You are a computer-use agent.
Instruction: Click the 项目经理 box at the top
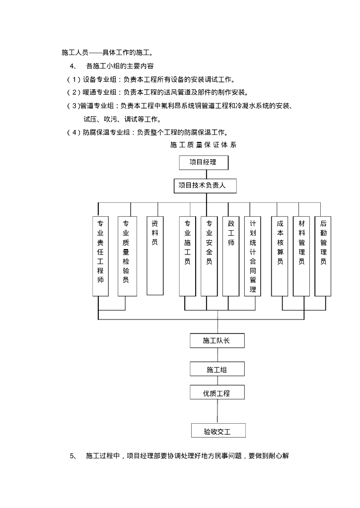(203, 162)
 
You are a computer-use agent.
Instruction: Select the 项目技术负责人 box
(205, 186)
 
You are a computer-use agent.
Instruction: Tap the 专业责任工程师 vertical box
(100, 256)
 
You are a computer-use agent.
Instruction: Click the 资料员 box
(154, 255)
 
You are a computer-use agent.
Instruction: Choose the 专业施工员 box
(187, 256)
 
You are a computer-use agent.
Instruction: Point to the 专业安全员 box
(209, 256)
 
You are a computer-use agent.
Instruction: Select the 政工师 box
(231, 256)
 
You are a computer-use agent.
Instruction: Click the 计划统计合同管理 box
(253, 256)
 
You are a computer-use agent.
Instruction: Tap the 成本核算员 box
(280, 256)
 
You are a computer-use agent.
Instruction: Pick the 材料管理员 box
(301, 256)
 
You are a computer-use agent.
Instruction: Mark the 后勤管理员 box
(323, 256)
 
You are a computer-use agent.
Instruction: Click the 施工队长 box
(216, 340)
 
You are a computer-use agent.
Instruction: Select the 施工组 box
(216, 369)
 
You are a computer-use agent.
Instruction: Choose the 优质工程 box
(216, 393)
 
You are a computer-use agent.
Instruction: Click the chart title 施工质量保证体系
(203, 145)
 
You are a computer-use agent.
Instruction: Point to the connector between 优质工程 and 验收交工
(217, 411)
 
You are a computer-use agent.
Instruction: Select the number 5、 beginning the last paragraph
(73, 455)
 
